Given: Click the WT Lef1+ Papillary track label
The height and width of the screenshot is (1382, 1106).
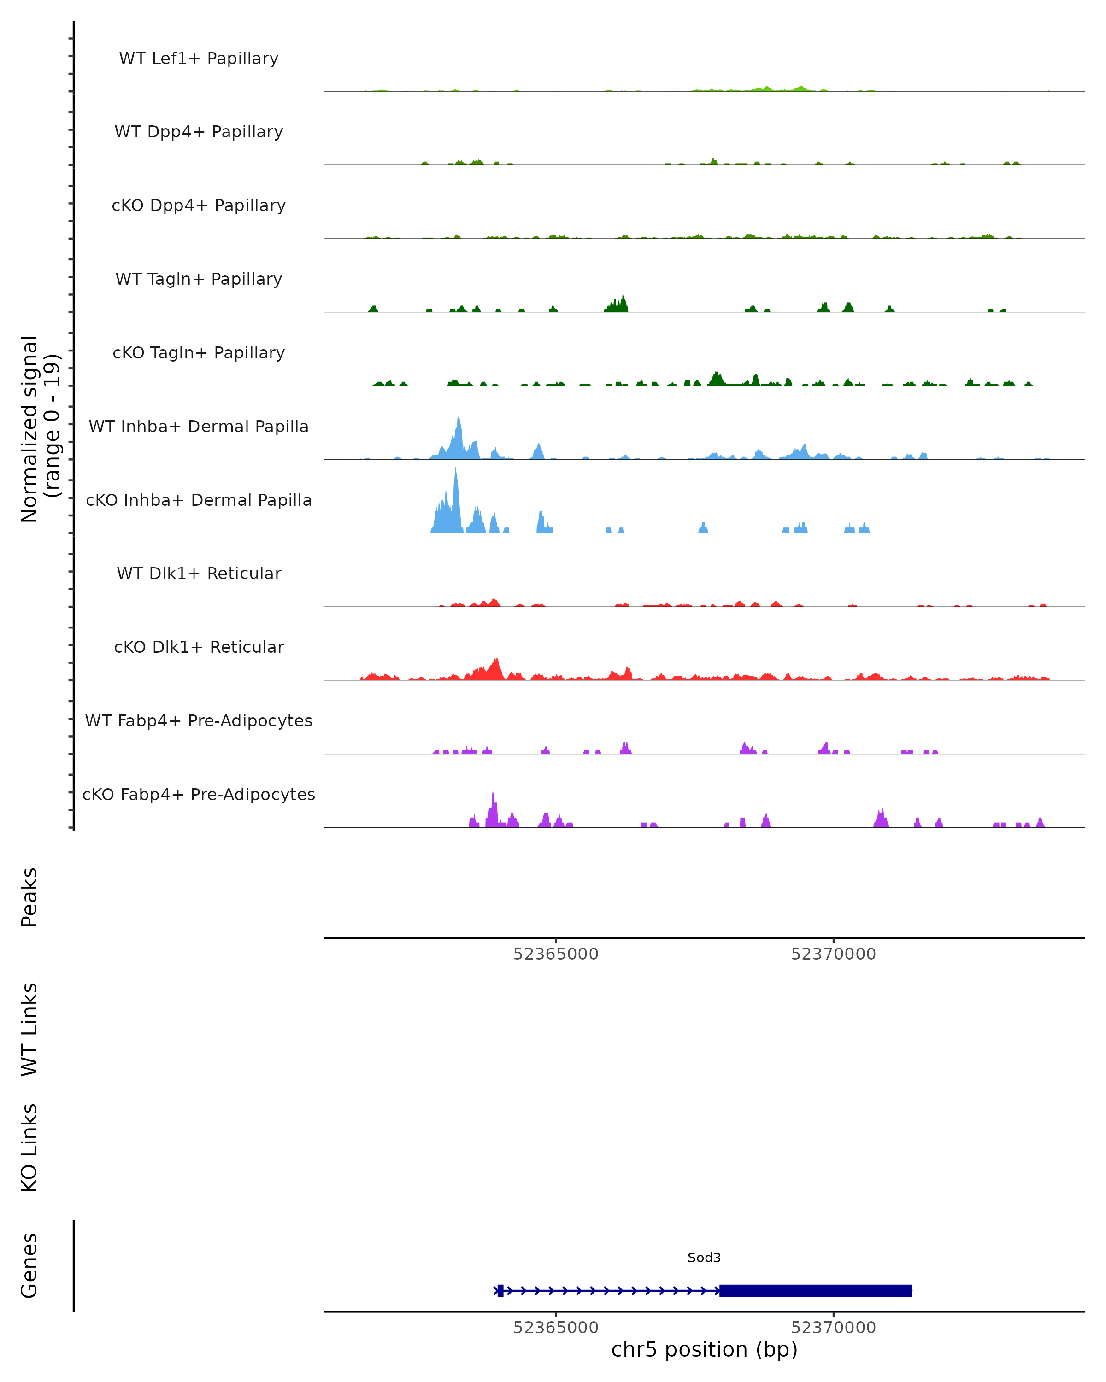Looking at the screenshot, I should (199, 59).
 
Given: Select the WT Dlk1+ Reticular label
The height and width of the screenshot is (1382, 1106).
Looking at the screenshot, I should (199, 573).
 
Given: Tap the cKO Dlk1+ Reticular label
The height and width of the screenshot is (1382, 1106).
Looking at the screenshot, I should (199, 647).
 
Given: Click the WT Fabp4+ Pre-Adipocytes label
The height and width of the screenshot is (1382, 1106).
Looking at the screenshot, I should (199, 720).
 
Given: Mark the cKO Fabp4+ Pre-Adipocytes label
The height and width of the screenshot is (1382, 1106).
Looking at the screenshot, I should (199, 794).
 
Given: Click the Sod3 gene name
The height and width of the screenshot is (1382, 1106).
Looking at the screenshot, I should (704, 1258).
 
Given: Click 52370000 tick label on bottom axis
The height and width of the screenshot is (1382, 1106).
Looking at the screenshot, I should (834, 1328).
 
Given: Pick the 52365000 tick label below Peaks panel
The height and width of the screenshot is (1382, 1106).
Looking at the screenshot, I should (555, 954).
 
